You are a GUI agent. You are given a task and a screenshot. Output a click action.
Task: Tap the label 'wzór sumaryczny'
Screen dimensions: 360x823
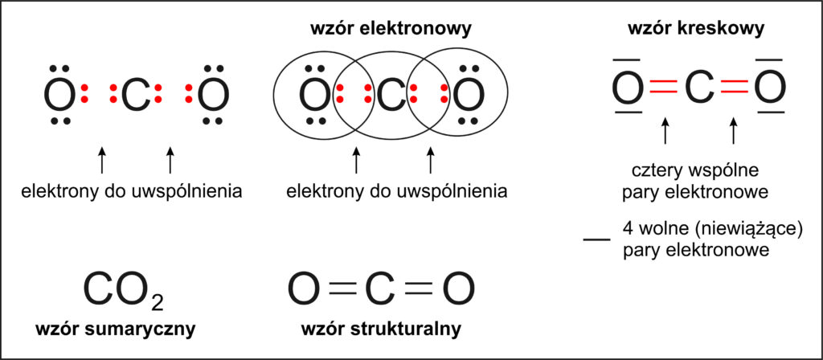point(116,329)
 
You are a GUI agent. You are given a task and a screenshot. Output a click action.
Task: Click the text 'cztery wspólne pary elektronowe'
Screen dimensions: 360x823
point(696,182)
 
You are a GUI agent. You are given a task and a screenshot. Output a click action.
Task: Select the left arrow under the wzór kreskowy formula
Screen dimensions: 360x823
point(664,131)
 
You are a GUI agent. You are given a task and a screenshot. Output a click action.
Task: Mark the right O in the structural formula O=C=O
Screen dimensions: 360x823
point(457,291)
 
